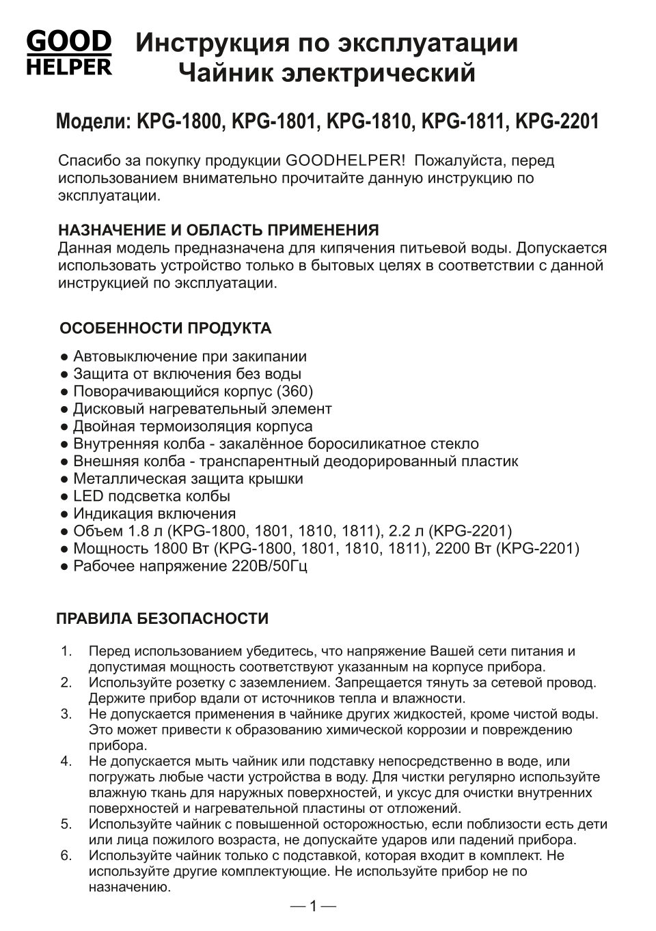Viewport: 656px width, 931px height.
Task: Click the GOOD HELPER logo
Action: pos(68,53)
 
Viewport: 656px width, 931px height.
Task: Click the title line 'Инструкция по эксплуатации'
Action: pos(327,43)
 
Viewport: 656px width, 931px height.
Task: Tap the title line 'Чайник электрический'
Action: pos(327,72)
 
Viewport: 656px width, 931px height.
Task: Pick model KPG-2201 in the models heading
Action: pos(557,122)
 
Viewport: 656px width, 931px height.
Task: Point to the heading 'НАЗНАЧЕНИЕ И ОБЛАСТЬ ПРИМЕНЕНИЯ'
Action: pos(218,229)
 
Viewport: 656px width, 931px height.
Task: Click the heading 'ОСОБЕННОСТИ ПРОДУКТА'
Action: pos(165,328)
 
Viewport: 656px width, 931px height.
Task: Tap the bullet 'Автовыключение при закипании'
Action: pos(189,356)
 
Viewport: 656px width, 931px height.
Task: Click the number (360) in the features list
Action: pos(295,391)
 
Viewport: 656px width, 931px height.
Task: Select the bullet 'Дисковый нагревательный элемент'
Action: pos(202,409)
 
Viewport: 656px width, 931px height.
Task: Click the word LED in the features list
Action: pos(87,496)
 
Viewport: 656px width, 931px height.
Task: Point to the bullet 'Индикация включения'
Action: pos(154,513)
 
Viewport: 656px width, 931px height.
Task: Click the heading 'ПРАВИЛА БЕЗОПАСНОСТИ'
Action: pos(162,619)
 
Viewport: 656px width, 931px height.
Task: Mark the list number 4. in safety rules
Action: pos(66,761)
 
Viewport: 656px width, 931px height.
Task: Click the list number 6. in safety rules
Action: pos(66,855)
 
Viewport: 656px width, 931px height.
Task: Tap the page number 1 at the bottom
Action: pos(313,906)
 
